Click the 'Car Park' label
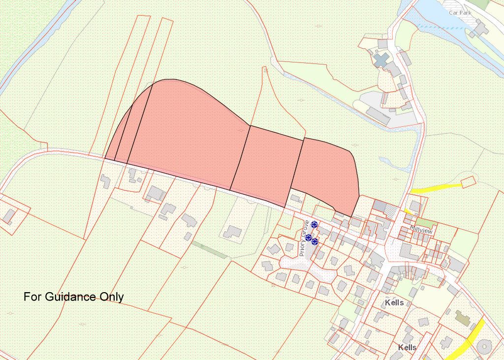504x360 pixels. [x=460, y=12]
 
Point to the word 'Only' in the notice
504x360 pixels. [x=112, y=297]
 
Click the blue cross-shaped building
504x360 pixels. [x=380, y=60]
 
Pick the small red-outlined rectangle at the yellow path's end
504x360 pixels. [x=469, y=181]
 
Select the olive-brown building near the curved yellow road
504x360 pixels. [x=462, y=317]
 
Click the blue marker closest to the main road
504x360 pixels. [x=314, y=225]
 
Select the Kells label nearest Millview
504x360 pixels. [x=394, y=302]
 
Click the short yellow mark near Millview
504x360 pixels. [x=408, y=210]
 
